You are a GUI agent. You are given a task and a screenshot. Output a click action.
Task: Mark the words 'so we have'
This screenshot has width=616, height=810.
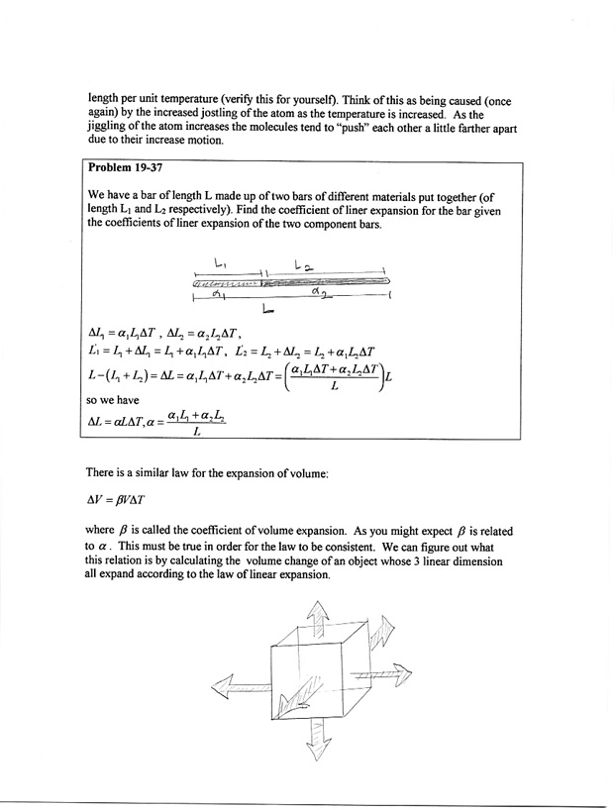pyautogui.click(x=116, y=404)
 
